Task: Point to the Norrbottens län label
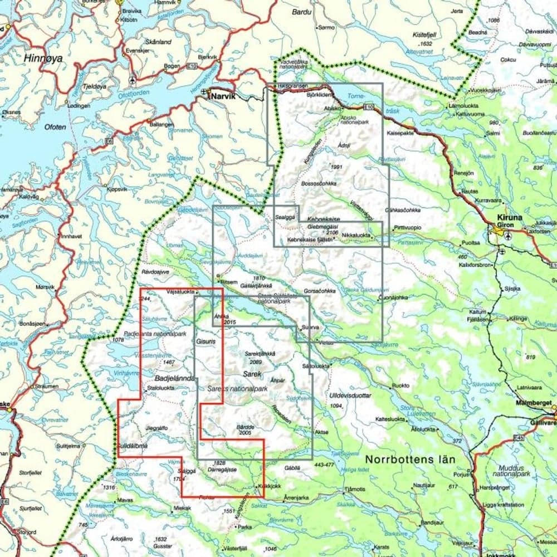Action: point(411,460)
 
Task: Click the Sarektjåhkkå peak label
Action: point(260,354)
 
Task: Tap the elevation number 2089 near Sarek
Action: point(257,361)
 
